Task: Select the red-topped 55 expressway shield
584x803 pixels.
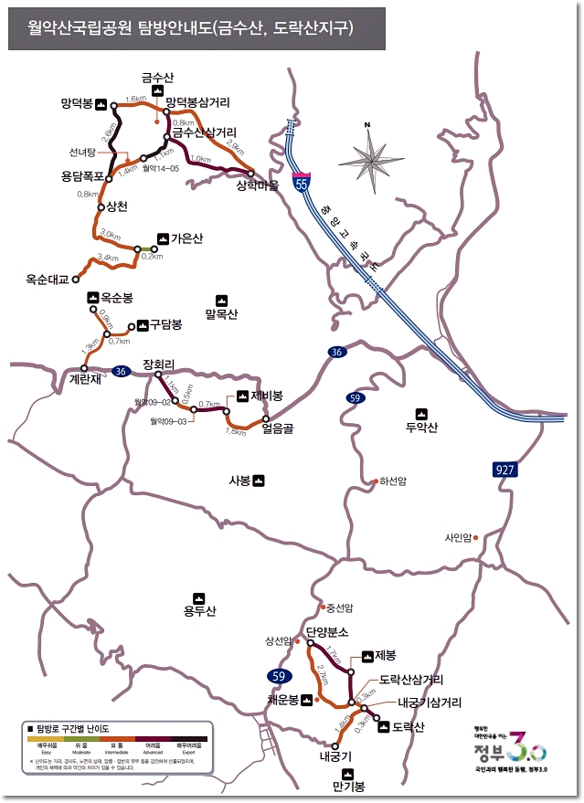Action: click(x=301, y=182)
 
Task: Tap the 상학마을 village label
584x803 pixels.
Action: click(x=257, y=185)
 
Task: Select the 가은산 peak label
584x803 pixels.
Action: click(x=186, y=238)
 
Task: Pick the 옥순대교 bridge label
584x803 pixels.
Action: click(x=48, y=280)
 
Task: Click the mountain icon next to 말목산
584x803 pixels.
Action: click(x=221, y=300)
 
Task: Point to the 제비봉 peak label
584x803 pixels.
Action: click(x=266, y=396)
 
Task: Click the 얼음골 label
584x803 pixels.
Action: click(x=276, y=426)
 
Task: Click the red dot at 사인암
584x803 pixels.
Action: click(x=476, y=537)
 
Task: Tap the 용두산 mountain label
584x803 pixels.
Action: click(x=198, y=611)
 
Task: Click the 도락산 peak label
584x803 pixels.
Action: click(x=409, y=727)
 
